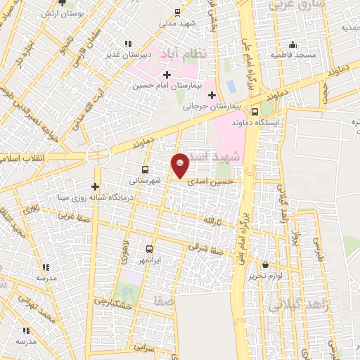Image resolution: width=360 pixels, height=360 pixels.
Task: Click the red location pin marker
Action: [x=181, y=165]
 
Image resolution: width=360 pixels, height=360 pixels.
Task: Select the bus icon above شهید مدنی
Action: [x=176, y=12]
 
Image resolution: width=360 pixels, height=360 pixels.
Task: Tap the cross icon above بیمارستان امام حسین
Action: [x=167, y=75]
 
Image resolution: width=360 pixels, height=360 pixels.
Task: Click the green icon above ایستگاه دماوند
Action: [x=265, y=110]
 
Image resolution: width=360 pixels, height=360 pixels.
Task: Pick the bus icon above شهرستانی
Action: [x=145, y=169]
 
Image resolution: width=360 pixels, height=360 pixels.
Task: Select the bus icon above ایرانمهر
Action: [x=148, y=249]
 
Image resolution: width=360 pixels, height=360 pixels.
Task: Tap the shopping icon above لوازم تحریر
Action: [x=266, y=265]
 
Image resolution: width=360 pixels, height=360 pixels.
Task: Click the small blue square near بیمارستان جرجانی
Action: [x=231, y=87]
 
